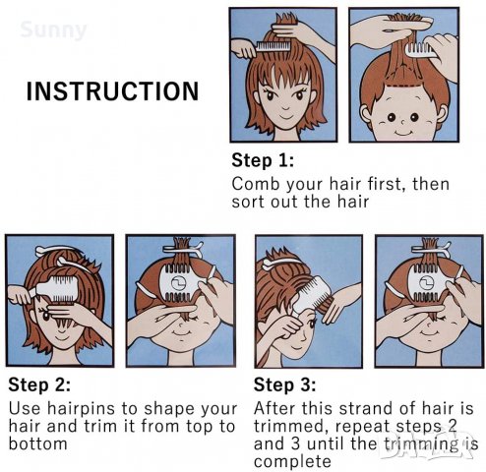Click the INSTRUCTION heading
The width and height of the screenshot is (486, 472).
[112, 90]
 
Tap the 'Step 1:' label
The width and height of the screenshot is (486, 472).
[263, 160]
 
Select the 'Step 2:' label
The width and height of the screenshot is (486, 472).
[39, 384]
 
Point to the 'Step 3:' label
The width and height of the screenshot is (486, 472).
[284, 384]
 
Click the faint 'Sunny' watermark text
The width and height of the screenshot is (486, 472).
[53, 30]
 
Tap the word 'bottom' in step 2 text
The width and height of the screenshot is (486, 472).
[37, 444]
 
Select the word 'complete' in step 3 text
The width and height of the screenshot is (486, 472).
[292, 462]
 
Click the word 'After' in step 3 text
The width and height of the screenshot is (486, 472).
[274, 408]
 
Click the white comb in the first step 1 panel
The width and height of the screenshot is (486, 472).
[273, 46]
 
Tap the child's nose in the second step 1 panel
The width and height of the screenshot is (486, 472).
[403, 122]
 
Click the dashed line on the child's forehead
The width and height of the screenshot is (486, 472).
[403, 86]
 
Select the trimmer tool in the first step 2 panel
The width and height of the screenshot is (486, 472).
[57, 289]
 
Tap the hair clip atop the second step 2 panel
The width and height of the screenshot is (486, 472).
[183, 248]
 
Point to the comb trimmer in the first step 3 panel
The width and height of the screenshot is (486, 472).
[311, 294]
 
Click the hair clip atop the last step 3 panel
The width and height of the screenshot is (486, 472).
[431, 248]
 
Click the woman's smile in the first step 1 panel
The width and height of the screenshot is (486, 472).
[283, 116]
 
